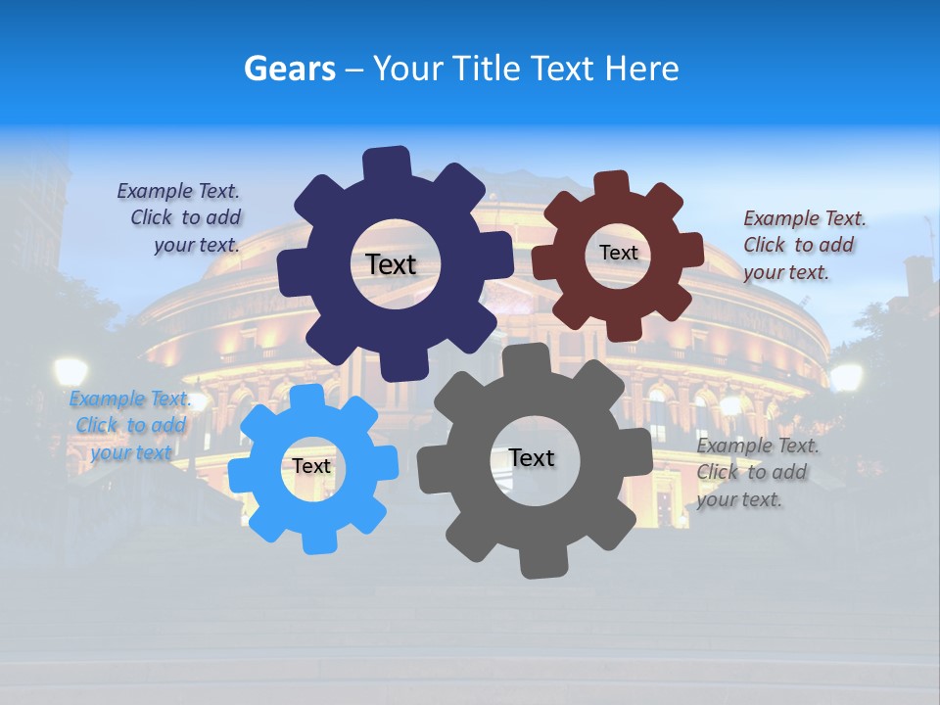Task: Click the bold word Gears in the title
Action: pos(290,69)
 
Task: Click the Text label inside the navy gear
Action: pos(391,264)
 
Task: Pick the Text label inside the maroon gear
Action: pos(618,253)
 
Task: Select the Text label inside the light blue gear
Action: pos(311,466)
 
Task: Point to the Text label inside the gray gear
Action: pos(532,457)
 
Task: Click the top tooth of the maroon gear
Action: pos(611,184)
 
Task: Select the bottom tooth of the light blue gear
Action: pos(315,538)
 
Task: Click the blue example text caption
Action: pos(128,425)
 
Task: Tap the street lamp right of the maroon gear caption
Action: pos(846,376)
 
